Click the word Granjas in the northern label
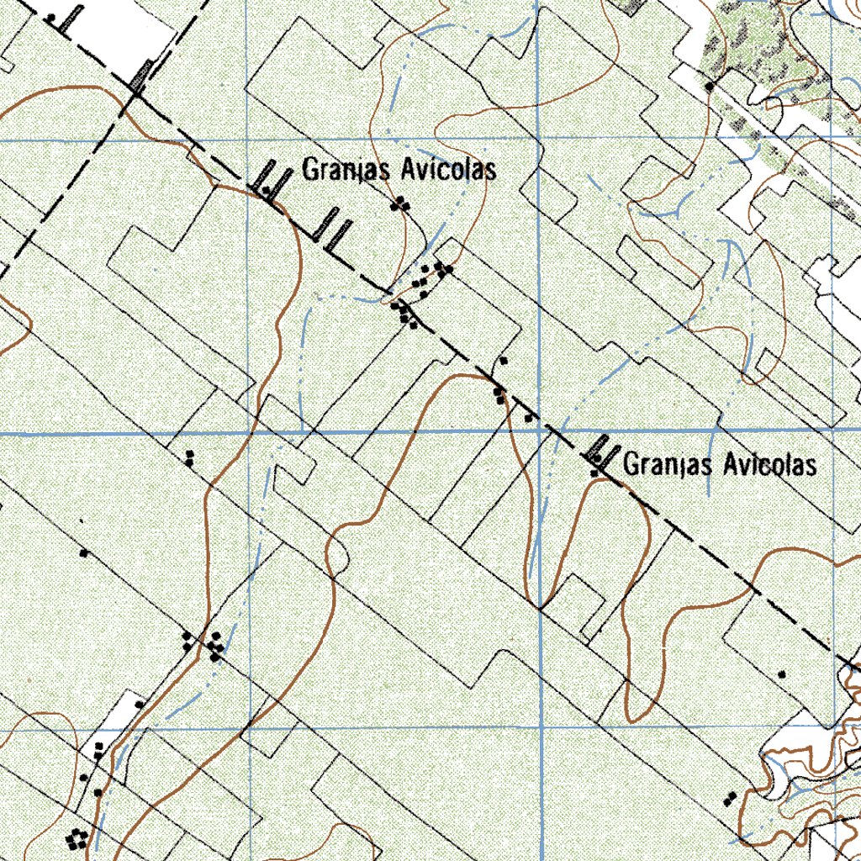[x=346, y=171]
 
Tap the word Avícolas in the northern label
[x=448, y=170]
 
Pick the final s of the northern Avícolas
[x=490, y=172]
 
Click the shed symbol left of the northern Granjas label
[x=268, y=178]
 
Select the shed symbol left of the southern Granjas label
[x=600, y=453]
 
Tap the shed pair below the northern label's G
[x=330, y=229]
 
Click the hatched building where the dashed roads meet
[x=140, y=77]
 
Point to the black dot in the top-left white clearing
[x=51, y=18]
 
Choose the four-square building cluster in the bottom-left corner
[x=77, y=837]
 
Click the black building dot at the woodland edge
[x=710, y=86]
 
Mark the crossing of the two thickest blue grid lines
[x=539, y=430]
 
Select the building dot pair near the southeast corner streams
[x=730, y=797]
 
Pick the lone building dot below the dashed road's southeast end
[x=782, y=674]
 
